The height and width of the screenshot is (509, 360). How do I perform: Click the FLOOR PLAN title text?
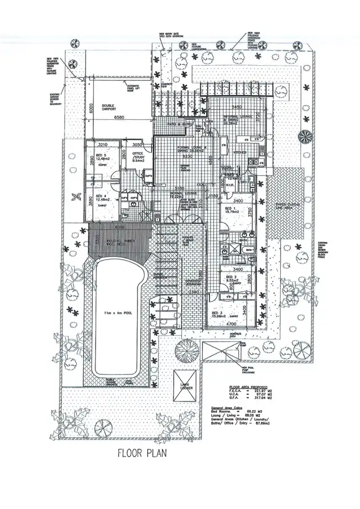click(142, 452)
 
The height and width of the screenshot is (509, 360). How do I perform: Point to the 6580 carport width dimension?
click(119, 118)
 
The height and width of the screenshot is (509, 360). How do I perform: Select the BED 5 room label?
click(100, 155)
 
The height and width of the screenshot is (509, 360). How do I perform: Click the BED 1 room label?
click(230, 208)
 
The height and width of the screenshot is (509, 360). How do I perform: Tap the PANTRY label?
click(228, 168)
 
